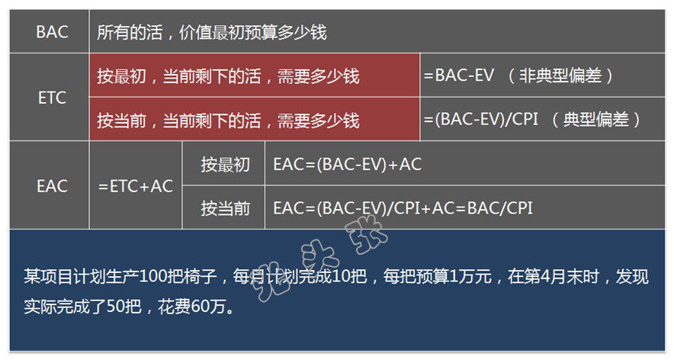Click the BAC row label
(52, 32)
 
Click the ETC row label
(52, 98)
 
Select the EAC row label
(52, 186)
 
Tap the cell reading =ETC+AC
(136, 186)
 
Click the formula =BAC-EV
(459, 76)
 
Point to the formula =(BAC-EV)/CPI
(481, 119)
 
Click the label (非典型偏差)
(560, 76)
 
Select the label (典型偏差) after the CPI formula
(596, 120)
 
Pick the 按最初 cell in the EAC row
(225, 164)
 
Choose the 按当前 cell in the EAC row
(225, 208)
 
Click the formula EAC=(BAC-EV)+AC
(348, 164)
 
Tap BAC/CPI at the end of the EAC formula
(500, 208)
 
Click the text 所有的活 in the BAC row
(130, 32)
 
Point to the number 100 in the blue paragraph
(152, 276)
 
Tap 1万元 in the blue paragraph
(470, 276)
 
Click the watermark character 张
(366, 234)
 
